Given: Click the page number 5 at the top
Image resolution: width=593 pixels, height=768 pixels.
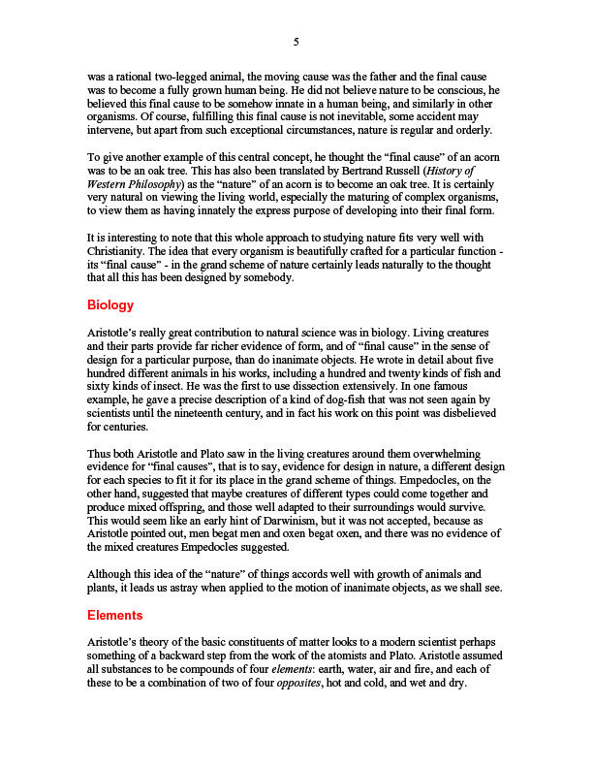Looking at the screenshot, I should point(296,42).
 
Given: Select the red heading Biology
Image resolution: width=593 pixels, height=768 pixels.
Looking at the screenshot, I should point(109,305).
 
